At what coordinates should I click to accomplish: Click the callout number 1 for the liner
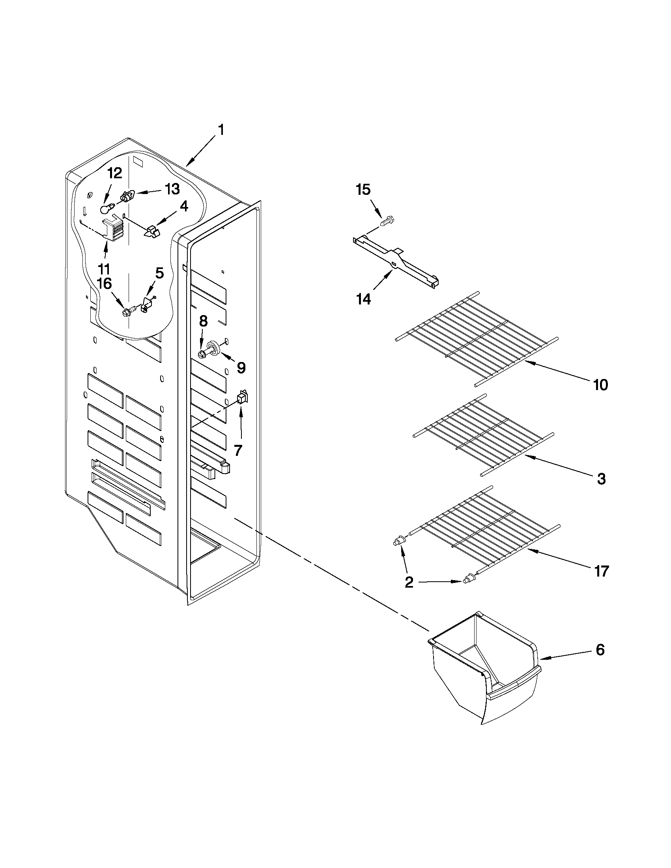click(221, 130)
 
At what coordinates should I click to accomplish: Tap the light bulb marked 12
click(105, 208)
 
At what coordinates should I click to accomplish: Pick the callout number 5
click(159, 273)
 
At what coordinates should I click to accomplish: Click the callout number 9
click(241, 368)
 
